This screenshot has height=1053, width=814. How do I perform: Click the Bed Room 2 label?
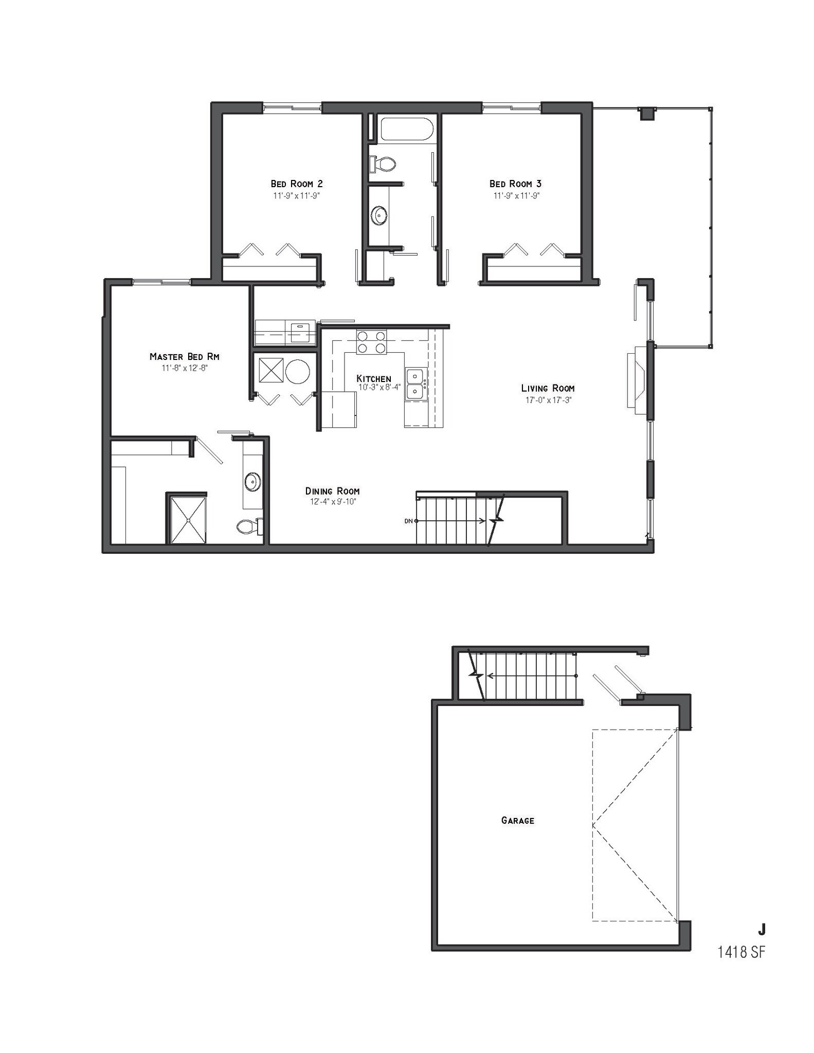click(297, 184)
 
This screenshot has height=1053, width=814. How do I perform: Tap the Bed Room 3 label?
click(515, 184)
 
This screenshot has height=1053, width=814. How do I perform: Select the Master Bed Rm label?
click(185, 356)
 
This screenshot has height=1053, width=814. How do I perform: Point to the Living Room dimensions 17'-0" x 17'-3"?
click(548, 400)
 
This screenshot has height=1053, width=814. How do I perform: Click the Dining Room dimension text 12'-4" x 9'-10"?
click(333, 501)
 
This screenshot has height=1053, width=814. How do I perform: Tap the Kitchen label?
click(374, 378)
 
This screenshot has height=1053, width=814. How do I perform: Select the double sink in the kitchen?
click(415, 384)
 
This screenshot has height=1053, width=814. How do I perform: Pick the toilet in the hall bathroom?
click(383, 164)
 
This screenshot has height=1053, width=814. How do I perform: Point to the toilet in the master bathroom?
click(249, 526)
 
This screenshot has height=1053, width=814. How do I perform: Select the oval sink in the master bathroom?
click(252, 482)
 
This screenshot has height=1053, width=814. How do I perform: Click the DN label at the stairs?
click(409, 521)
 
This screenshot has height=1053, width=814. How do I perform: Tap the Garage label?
click(517, 821)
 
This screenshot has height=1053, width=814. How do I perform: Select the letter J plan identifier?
click(761, 929)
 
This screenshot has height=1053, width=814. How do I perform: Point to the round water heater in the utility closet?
click(297, 371)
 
